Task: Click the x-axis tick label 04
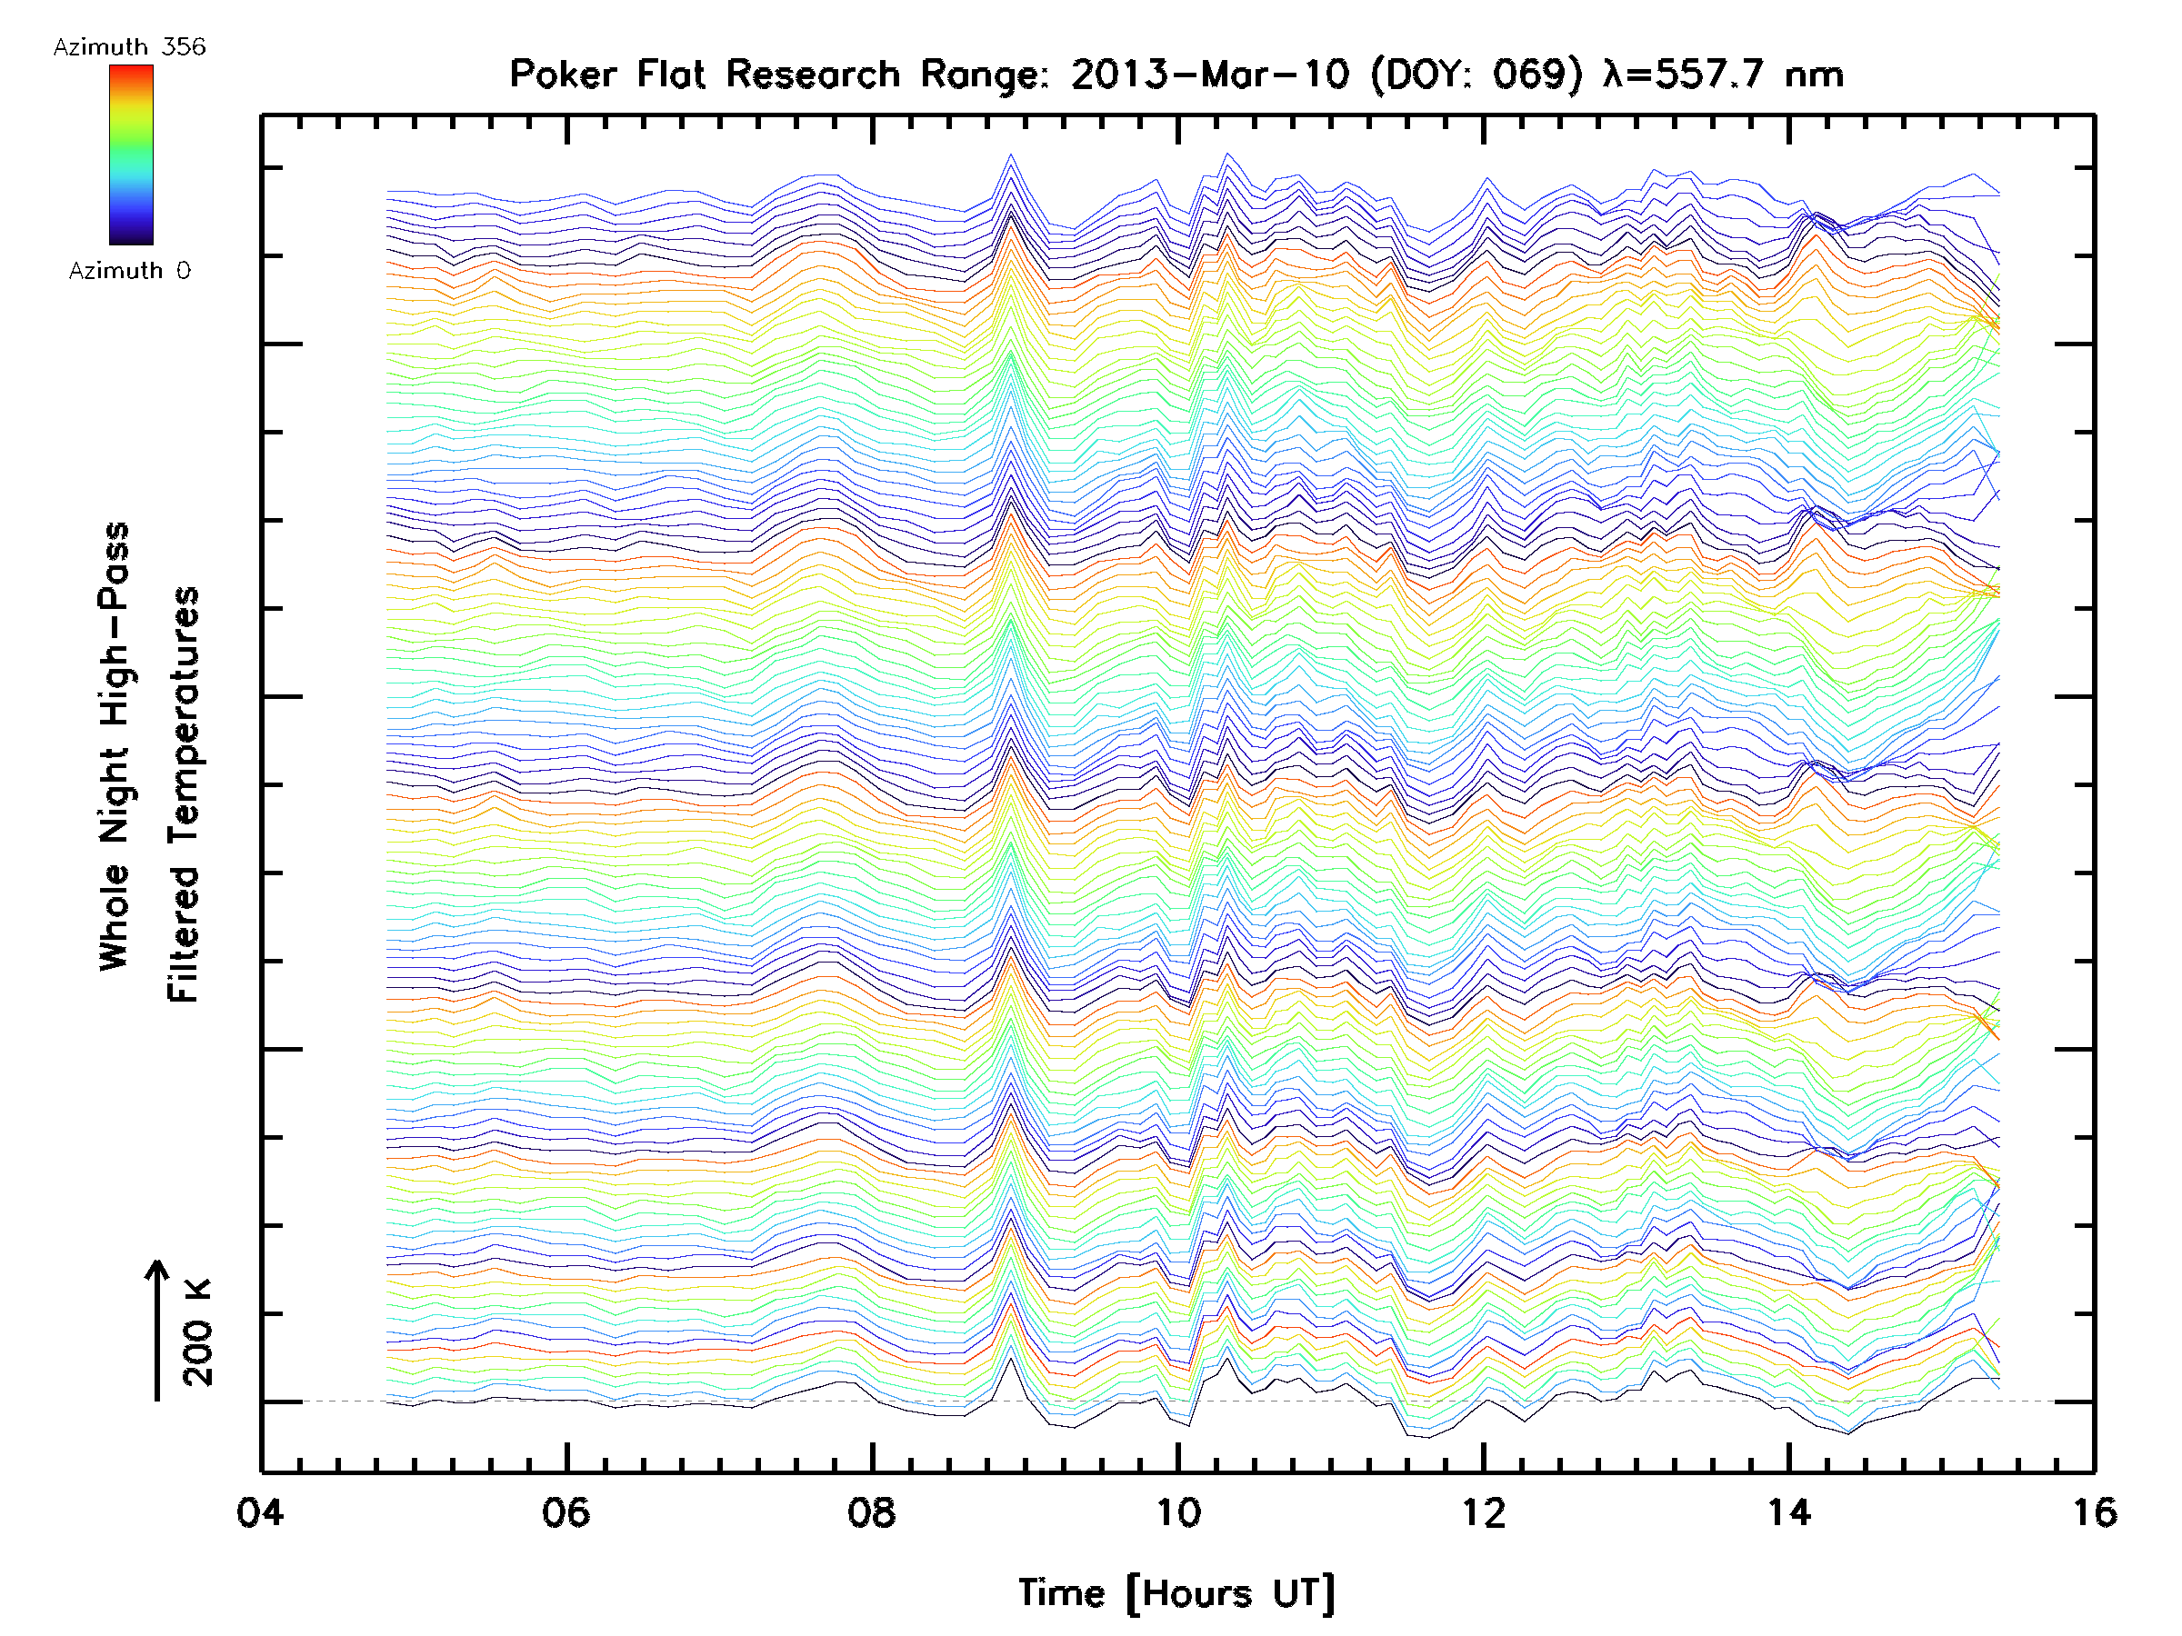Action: pos(259,1512)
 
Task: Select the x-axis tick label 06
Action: pos(566,1512)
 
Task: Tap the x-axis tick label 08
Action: pos(872,1512)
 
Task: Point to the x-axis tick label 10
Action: pos(1177,1512)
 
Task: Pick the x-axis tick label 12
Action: pos(1484,1512)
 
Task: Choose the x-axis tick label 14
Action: pos(1789,1512)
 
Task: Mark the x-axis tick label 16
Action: pos(2094,1512)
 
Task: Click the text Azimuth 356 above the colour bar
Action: pos(129,47)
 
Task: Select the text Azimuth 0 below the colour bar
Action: pos(129,271)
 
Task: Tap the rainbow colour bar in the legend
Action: pos(131,155)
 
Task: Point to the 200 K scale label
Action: pos(197,1332)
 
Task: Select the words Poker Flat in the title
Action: pos(606,75)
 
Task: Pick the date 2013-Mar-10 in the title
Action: pos(1209,75)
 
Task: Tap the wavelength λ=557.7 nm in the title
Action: pos(1723,75)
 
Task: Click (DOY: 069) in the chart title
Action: pos(1476,75)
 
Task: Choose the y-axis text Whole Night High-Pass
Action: pos(115,746)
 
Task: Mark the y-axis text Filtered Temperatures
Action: pos(184,795)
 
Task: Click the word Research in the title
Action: pos(813,75)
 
